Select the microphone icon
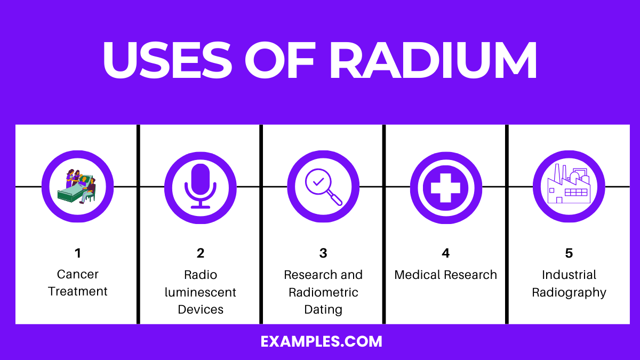(200, 187)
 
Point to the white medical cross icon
(445, 187)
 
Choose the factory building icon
(569, 186)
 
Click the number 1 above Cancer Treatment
(78, 253)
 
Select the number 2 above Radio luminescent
(201, 253)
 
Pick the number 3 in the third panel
(323, 253)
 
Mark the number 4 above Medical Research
(446, 253)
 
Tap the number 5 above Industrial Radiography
(569, 253)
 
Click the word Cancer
(78, 275)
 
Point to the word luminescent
(201, 292)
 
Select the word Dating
(323, 309)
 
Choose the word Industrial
(569, 275)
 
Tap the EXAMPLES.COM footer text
(322, 341)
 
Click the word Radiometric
(323, 292)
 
